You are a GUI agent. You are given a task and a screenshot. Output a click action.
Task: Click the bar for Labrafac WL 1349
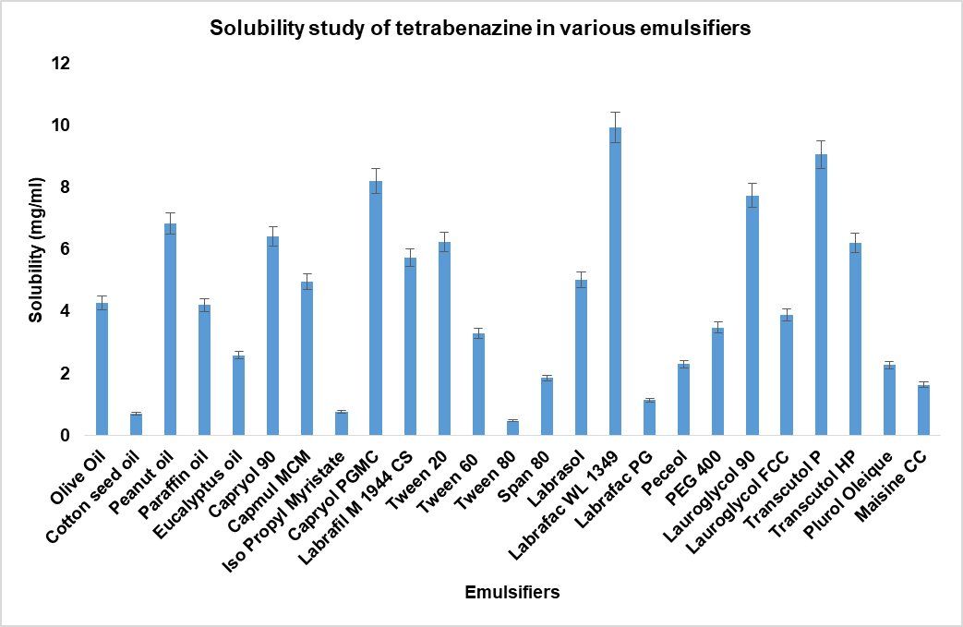[615, 282]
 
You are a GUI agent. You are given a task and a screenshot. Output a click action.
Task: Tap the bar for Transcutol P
[820, 295]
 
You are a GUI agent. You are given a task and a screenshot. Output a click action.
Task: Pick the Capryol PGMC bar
[376, 308]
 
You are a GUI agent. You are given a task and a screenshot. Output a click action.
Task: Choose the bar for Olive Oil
[102, 369]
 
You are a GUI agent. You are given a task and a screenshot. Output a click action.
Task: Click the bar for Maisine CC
[923, 411]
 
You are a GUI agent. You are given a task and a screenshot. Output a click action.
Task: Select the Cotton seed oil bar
[136, 425]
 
